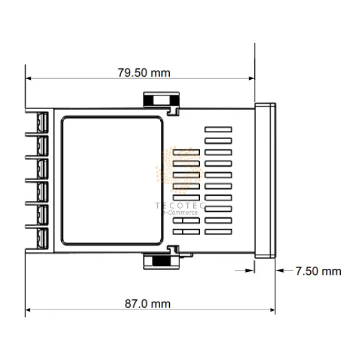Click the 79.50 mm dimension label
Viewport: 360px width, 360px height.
coord(143,73)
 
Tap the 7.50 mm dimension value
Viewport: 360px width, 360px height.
coord(318,271)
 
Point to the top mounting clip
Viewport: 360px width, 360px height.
coord(161,101)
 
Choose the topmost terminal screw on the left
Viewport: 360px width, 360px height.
coord(43,122)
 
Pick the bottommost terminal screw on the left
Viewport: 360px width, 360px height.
coord(43,235)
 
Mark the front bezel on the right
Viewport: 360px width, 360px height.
coord(265,179)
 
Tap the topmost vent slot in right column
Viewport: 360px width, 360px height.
coord(218,129)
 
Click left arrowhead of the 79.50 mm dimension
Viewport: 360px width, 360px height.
coord(28,78)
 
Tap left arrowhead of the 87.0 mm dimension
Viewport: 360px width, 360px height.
coord(28,310)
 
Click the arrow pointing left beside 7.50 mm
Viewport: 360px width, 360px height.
coord(280,271)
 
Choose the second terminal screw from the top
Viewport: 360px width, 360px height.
coord(43,145)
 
